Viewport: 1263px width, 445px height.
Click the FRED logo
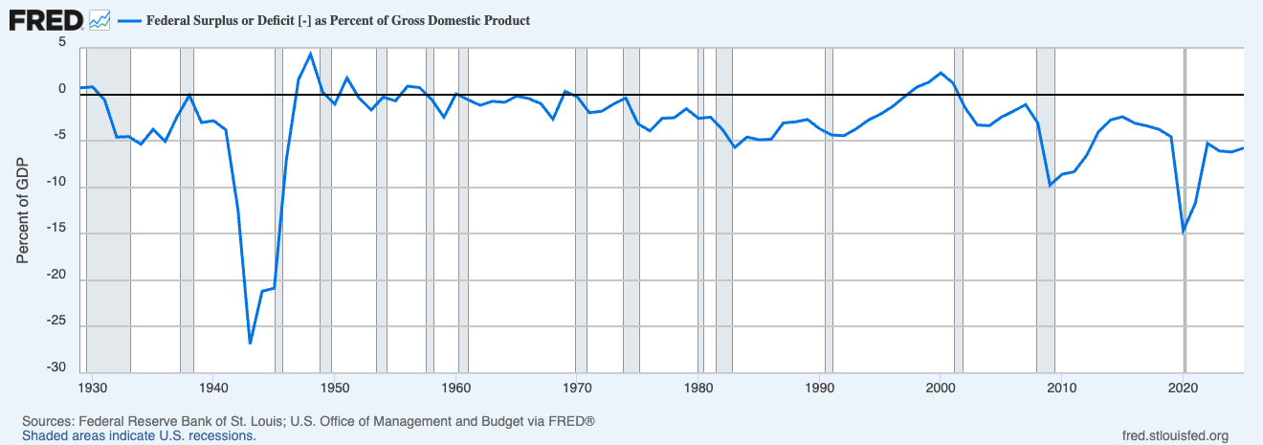pyautogui.click(x=46, y=18)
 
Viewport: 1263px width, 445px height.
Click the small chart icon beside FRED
pyautogui.click(x=100, y=18)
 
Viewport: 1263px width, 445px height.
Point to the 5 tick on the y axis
pyautogui.click(x=62, y=43)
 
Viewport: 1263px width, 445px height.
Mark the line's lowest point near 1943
pyautogui.click(x=250, y=343)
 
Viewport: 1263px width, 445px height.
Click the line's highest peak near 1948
pyautogui.click(x=310, y=54)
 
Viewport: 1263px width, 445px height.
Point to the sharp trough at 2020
pyautogui.click(x=1184, y=231)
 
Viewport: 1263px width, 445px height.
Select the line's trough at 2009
pyautogui.click(x=1051, y=185)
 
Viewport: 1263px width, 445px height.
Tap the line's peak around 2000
pyautogui.click(x=942, y=73)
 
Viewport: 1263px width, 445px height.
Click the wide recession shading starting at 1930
pyautogui.click(x=108, y=211)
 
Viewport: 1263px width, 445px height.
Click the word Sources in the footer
pyautogui.click(x=45, y=421)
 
